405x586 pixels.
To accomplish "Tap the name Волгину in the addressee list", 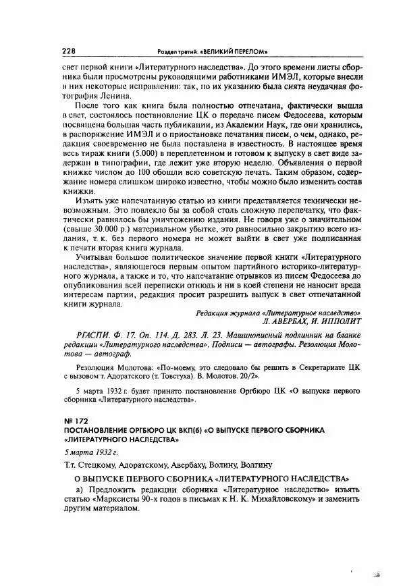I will [253, 465].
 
